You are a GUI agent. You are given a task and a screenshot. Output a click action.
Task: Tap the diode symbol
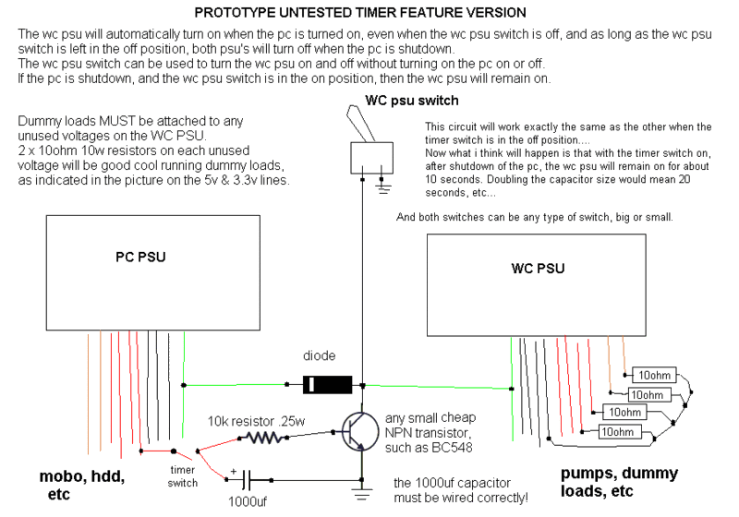pos(316,383)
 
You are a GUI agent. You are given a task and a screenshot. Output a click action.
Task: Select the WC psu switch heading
pos(411,101)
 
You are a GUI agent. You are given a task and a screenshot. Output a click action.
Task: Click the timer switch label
pos(183,476)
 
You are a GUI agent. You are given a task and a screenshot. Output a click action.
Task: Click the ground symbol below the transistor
pos(360,495)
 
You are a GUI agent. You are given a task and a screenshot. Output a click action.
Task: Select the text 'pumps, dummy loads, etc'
pos(619,482)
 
